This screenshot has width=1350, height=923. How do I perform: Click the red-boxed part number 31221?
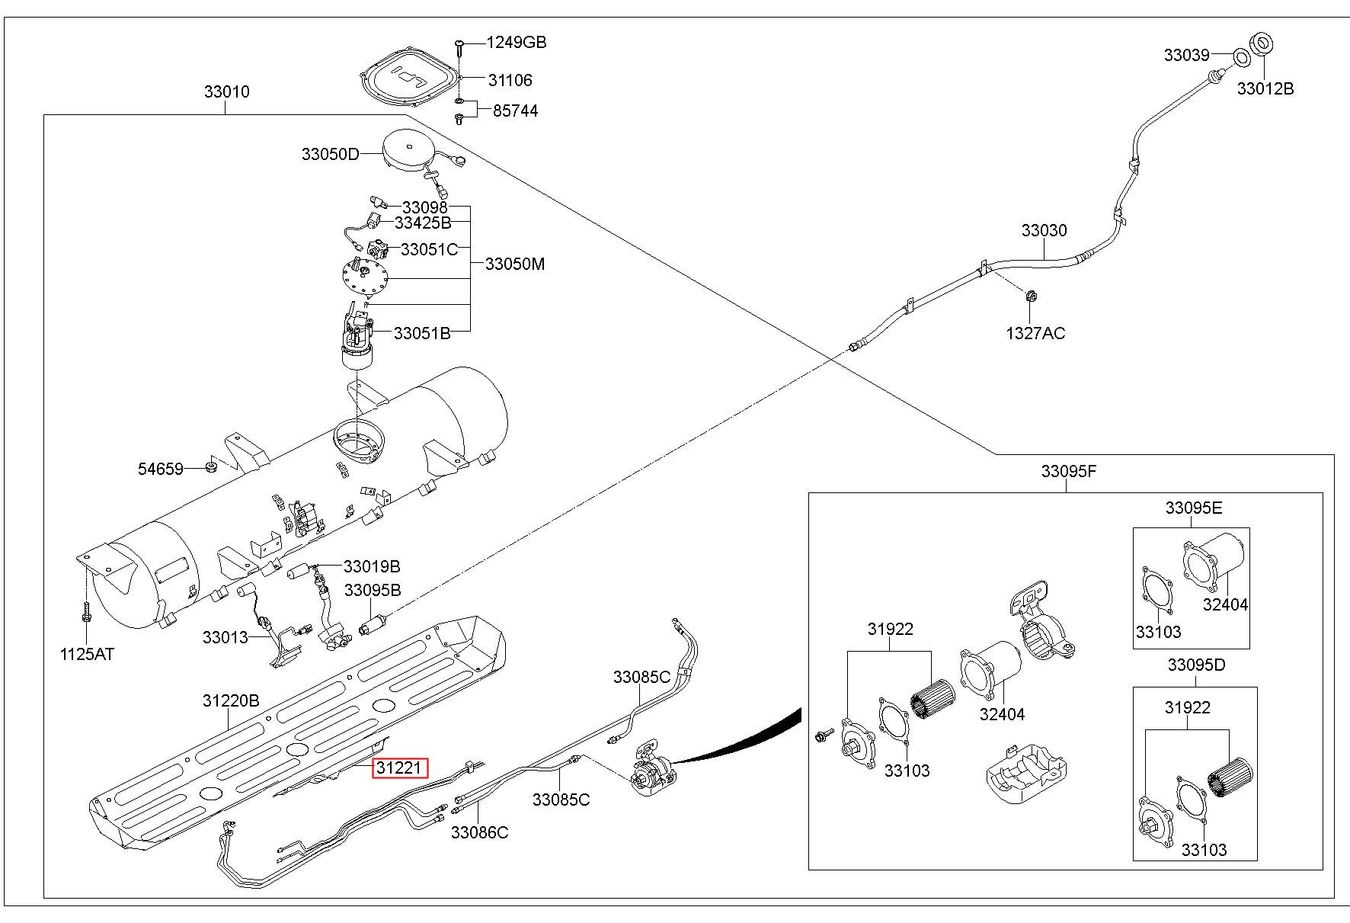[x=400, y=768]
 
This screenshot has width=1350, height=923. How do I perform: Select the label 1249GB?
[x=517, y=43]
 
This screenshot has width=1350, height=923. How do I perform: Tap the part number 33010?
[x=226, y=92]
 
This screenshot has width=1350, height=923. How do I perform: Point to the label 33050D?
[x=330, y=154]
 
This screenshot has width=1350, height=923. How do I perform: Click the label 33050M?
[x=515, y=264]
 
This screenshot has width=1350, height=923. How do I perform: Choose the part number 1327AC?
[x=1035, y=333]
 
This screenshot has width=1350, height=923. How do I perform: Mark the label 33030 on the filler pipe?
[x=1044, y=230]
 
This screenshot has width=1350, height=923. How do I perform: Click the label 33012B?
[x=1265, y=88]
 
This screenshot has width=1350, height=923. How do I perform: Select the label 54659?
[x=161, y=469]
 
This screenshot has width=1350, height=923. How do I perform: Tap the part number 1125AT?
[x=87, y=654]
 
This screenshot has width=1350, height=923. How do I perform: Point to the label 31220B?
[x=231, y=700]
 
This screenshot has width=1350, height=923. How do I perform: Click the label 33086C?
[x=479, y=832]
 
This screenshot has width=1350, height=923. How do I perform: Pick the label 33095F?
[x=1068, y=471]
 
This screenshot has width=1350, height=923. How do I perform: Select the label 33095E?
[x=1193, y=508]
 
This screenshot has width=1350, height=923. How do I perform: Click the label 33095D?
[x=1196, y=665]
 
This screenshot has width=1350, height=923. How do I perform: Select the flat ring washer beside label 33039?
[x=1240, y=58]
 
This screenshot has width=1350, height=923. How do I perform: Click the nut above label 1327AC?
[x=1029, y=296]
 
